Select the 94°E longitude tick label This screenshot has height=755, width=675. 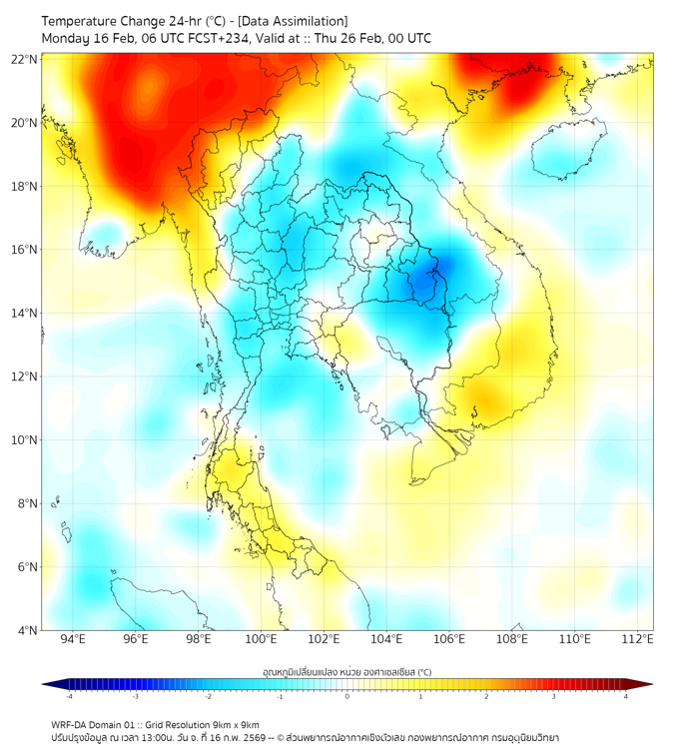tap(74, 639)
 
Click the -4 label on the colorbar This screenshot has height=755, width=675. tap(69, 696)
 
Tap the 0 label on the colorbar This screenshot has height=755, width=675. tap(347, 696)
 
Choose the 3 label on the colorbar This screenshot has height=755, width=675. tap(556, 696)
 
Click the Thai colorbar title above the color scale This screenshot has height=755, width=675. tap(346, 671)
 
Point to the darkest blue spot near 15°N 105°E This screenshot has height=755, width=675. tap(424, 283)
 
